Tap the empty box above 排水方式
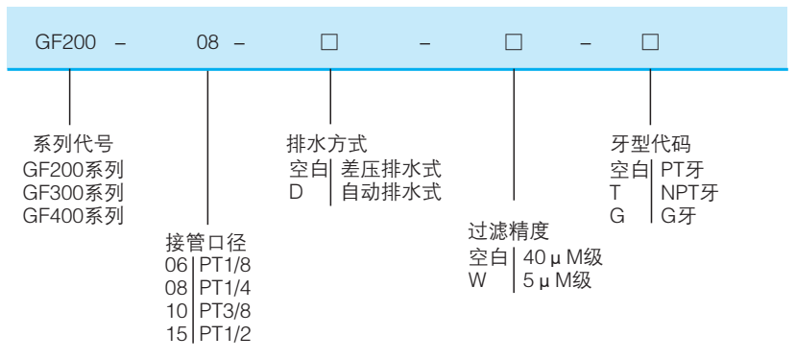[329, 44]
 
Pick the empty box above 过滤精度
[514, 44]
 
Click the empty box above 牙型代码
[650, 44]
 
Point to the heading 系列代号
[74, 145]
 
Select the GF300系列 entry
[74, 192]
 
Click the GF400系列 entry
[74, 215]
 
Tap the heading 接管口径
[205, 242]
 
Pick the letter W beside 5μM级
[477, 280]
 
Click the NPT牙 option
[689, 192]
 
